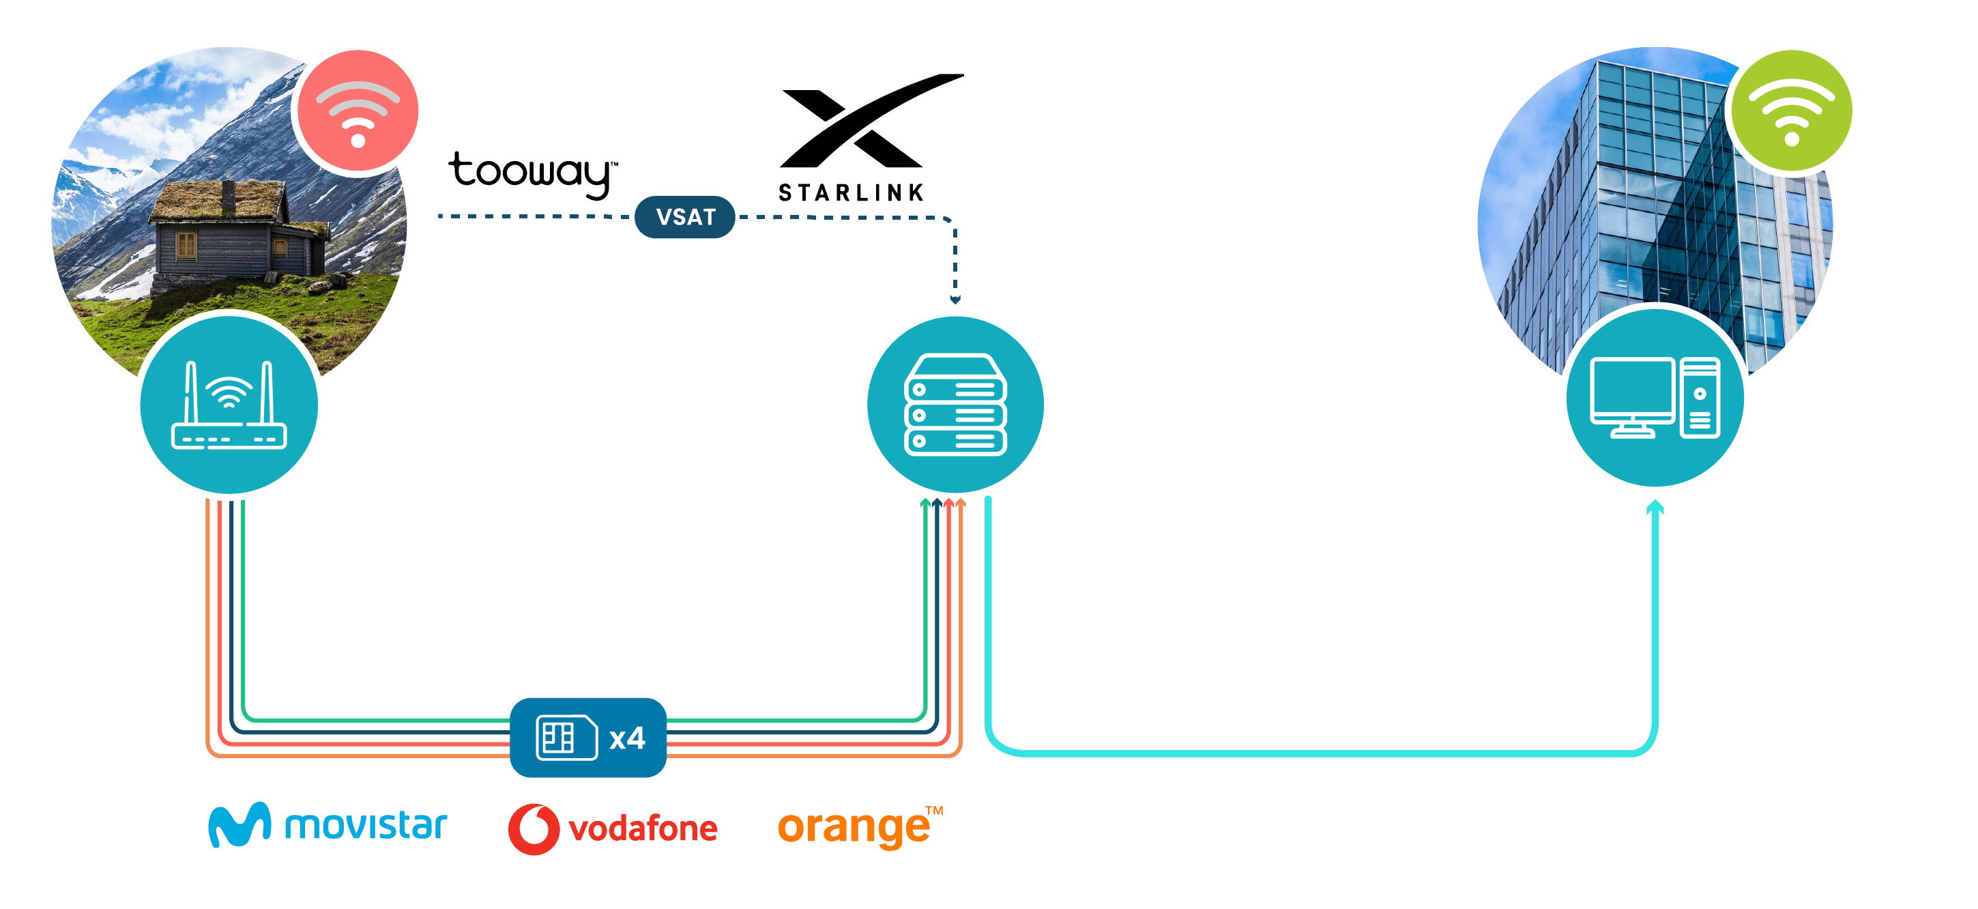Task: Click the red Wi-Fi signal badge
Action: tap(358, 110)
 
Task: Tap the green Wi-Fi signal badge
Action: tap(1792, 110)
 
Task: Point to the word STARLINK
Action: tap(851, 192)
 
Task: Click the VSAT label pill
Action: tap(685, 217)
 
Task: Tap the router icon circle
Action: tap(229, 405)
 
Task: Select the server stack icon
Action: tap(955, 405)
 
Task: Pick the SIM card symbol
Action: tap(566, 738)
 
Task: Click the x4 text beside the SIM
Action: tap(626, 738)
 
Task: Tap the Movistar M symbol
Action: tap(239, 824)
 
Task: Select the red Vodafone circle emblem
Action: tap(534, 828)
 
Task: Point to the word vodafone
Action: tap(643, 829)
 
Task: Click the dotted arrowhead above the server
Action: tap(955, 300)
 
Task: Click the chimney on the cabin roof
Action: tap(229, 196)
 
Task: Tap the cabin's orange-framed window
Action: tap(186, 245)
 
